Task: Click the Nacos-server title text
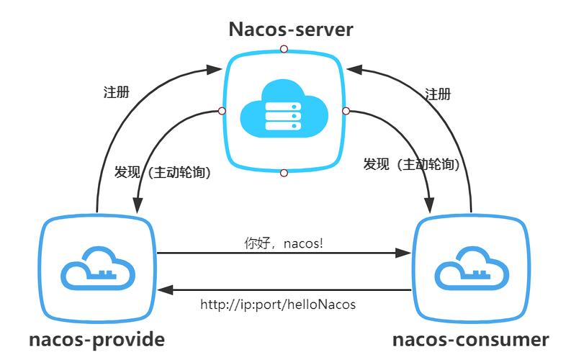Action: [x=291, y=30]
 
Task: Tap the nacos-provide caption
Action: [x=97, y=340]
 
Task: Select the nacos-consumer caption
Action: [x=471, y=340]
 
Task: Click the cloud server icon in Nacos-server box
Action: [x=284, y=112]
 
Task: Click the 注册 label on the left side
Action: [x=117, y=94]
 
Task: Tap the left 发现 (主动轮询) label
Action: [x=163, y=173]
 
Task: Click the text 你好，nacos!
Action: [x=284, y=243]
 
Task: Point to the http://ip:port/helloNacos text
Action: [x=278, y=305]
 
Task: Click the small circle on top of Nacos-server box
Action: [x=284, y=49]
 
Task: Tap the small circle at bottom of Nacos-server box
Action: [x=284, y=173]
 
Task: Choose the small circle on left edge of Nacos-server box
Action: [x=222, y=111]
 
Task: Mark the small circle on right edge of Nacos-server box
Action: [x=346, y=111]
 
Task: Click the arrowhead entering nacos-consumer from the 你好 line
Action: [x=405, y=253]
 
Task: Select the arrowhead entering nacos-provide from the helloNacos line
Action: [x=164, y=290]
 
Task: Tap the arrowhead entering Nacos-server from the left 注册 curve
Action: [x=213, y=70]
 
